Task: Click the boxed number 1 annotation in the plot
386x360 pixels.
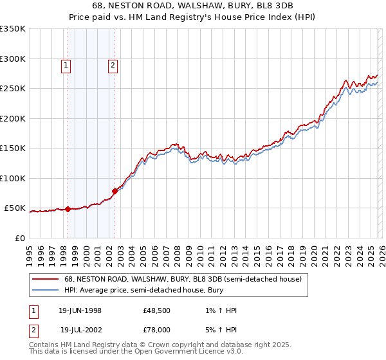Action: click(67, 64)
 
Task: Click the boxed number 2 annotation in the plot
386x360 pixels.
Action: click(113, 64)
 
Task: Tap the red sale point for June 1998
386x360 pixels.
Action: click(68, 209)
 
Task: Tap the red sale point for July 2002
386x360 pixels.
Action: click(115, 191)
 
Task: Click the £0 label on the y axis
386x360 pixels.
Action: click(21, 238)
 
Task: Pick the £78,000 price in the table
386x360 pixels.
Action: click(157, 329)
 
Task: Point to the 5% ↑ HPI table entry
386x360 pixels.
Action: click(219, 329)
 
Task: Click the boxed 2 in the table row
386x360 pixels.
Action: click(33, 329)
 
